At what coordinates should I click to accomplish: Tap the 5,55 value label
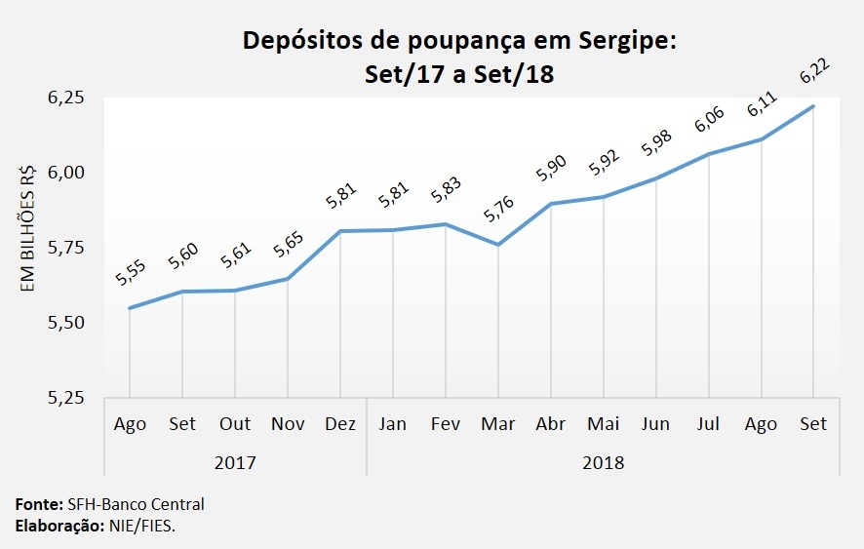click(130, 272)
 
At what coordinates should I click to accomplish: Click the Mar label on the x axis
click(497, 424)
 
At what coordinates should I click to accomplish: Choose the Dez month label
click(339, 424)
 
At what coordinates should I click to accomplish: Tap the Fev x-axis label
click(445, 424)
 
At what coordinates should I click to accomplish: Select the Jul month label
click(708, 424)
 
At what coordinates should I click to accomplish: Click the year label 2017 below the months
click(234, 461)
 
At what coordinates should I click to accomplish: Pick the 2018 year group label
click(603, 461)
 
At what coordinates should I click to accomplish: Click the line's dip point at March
click(497, 244)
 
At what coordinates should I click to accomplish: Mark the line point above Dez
click(339, 231)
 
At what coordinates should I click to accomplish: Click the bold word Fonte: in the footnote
click(38, 505)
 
